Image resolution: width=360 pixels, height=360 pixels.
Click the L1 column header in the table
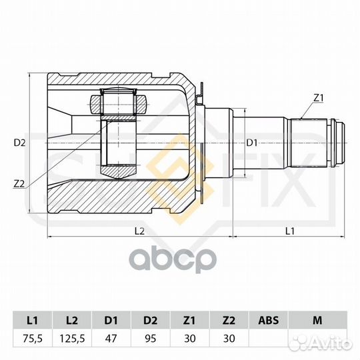(x=33, y=320)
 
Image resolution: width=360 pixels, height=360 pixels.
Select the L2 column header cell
(x=72, y=320)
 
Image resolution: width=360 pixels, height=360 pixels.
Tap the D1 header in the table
(x=111, y=320)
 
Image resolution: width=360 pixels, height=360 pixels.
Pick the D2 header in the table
(x=151, y=320)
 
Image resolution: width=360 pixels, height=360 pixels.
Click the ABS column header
(x=268, y=320)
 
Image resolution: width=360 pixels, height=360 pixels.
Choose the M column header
(x=317, y=320)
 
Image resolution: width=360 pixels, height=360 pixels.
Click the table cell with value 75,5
(x=33, y=339)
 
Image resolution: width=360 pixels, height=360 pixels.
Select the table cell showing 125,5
(x=72, y=339)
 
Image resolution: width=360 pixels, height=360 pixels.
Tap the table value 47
(x=111, y=339)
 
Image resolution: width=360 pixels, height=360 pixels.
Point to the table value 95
(x=151, y=339)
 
